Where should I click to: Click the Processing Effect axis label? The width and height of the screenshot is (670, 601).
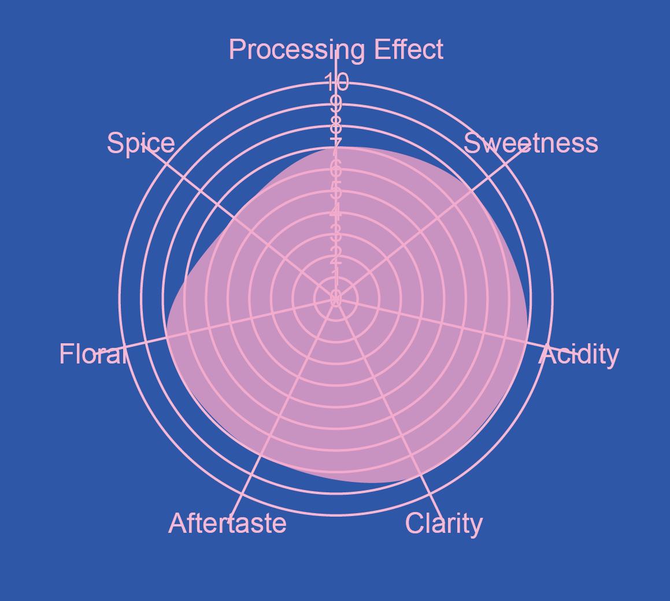tap(336, 50)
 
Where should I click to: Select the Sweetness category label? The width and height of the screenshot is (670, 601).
tap(531, 143)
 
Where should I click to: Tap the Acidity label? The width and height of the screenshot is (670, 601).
tap(579, 354)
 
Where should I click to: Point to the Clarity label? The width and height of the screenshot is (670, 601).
tap(443, 524)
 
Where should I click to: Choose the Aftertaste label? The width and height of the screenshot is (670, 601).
tap(227, 524)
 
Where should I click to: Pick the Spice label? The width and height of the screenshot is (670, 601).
tap(141, 143)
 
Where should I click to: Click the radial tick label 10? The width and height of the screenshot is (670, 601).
tap(336, 83)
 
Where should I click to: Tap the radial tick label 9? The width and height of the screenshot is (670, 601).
tap(336, 105)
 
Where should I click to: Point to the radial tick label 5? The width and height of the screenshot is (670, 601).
tap(336, 190)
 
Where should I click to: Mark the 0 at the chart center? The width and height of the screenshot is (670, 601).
tap(336, 298)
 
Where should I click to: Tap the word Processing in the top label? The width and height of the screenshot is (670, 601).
tap(297, 50)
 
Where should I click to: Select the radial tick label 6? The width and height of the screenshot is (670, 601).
tap(336, 169)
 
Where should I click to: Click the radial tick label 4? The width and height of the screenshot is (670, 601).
tap(336, 212)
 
